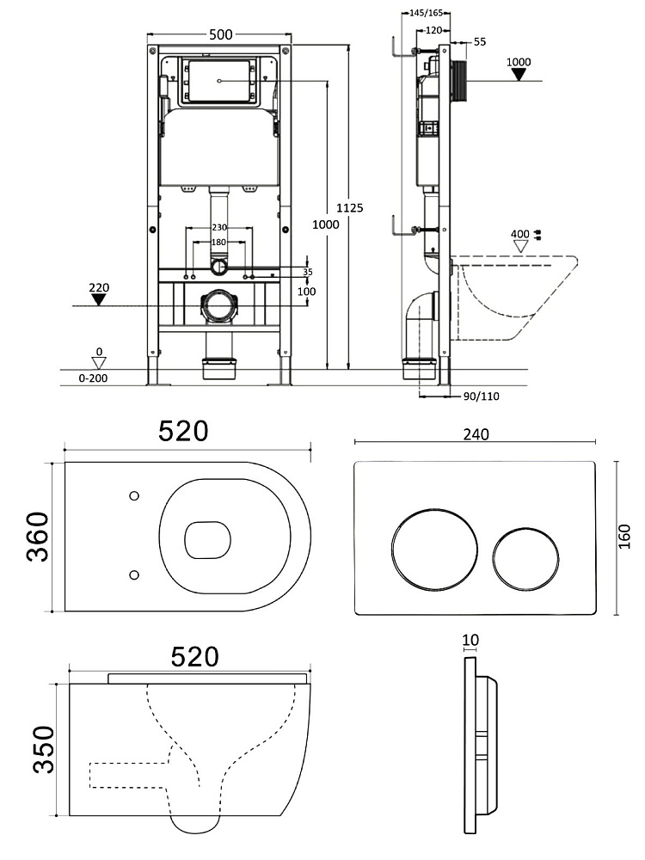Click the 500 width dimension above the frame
[x=221, y=34]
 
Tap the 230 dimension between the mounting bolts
[x=219, y=227]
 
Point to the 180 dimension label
[x=219, y=243]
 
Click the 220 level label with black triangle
[x=98, y=287]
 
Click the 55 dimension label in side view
[x=479, y=41]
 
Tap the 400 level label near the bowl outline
[x=519, y=234]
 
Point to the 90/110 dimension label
[x=481, y=396]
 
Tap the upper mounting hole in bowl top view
[x=133, y=495]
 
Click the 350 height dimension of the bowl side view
[x=43, y=749]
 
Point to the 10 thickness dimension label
[x=470, y=640]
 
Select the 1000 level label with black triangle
[x=519, y=62]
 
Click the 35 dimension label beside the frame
[x=307, y=271]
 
